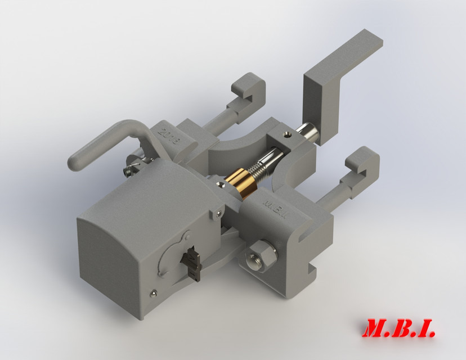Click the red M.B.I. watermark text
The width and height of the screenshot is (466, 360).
[x=400, y=328]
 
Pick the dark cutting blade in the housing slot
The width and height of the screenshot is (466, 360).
[x=193, y=263]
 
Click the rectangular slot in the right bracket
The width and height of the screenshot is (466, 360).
[x=307, y=236]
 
